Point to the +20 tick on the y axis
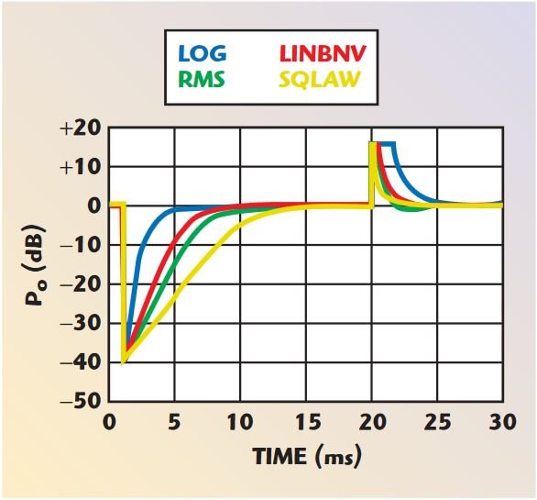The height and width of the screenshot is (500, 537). coord(81,128)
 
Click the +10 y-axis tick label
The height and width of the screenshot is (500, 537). coord(81,167)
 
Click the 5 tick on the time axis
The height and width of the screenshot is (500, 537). coord(175,422)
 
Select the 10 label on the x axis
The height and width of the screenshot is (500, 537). coord(240,422)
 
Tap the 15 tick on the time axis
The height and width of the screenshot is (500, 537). coord(306,422)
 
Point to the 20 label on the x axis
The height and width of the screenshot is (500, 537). coord(372,422)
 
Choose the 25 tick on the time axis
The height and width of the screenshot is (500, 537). coord(437,422)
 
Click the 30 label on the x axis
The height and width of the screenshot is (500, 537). coord(501,422)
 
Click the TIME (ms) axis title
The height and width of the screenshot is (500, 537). coord(306,456)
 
